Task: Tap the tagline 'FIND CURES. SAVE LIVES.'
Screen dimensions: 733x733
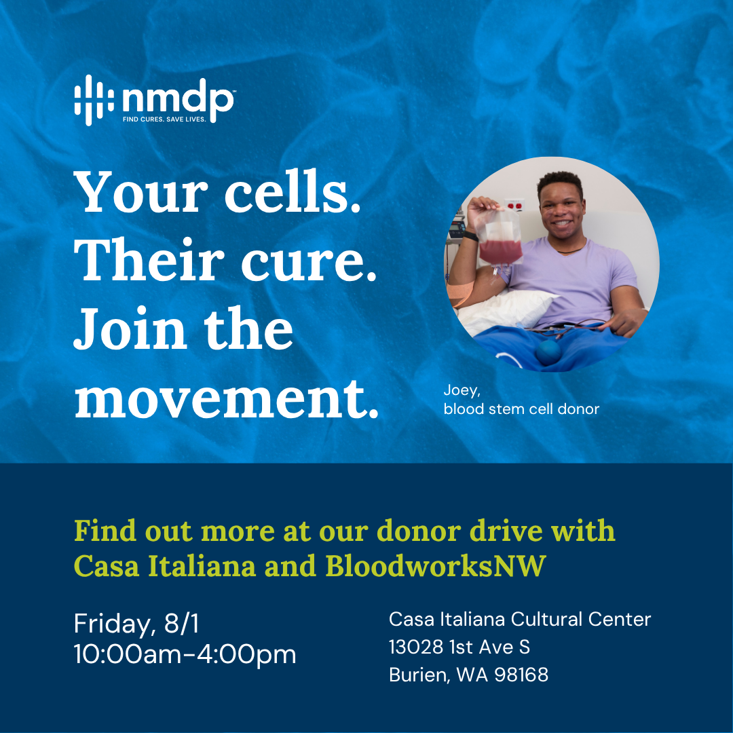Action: point(164,119)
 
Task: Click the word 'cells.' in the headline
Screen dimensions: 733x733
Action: point(293,191)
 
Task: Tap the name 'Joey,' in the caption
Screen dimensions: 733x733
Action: point(462,390)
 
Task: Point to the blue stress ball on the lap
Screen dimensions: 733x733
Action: point(548,352)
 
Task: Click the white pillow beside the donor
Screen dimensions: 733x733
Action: point(505,310)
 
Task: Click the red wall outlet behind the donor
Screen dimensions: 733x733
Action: point(514,205)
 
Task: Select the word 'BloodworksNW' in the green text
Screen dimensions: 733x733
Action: point(436,566)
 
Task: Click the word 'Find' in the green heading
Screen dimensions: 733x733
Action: point(105,531)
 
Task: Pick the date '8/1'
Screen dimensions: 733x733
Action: point(181,624)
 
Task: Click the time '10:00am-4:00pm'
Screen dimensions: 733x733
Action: point(185,654)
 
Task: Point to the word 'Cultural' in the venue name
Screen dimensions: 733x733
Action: point(546,620)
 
